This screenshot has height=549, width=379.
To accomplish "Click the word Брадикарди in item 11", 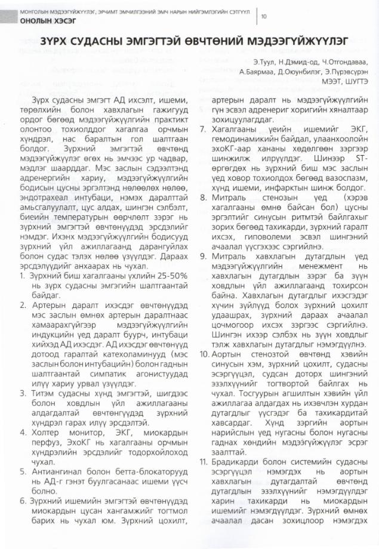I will click(x=234, y=462).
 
